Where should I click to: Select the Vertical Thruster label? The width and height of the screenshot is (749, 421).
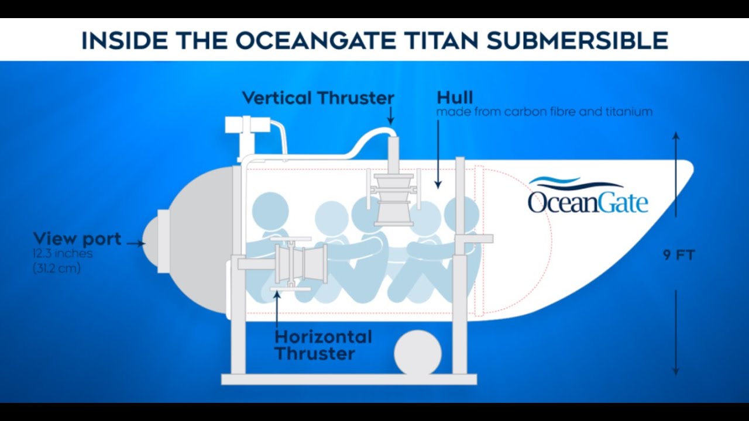(318, 98)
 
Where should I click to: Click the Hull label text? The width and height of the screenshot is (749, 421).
(455, 97)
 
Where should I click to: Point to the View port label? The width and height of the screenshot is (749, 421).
(77, 239)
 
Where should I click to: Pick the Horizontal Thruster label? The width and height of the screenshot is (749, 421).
(323, 345)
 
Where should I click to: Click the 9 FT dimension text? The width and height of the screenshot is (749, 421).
(678, 256)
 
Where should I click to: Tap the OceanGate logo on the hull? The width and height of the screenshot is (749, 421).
(587, 196)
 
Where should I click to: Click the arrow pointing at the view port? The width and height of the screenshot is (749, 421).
(135, 243)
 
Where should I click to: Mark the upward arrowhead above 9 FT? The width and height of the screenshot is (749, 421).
(676, 136)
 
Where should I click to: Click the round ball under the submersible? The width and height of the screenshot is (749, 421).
(417, 354)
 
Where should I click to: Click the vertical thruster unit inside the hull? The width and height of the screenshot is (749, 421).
(393, 196)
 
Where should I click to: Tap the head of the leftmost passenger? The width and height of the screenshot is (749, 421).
(271, 210)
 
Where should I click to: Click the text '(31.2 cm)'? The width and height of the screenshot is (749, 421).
(57, 268)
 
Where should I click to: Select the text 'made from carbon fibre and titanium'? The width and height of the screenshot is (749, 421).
(544, 112)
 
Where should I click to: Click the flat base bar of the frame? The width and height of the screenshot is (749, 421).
(349, 379)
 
